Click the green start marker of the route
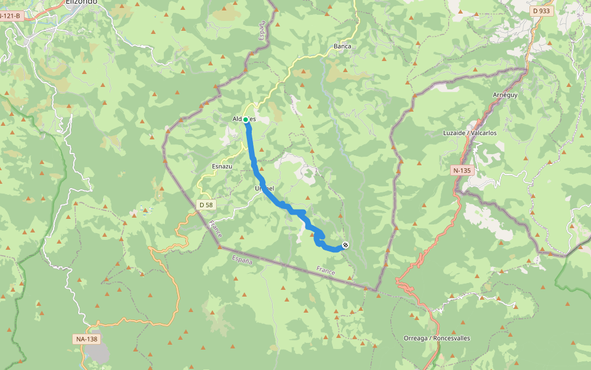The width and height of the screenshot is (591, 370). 245,119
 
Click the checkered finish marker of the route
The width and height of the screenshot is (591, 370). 345,245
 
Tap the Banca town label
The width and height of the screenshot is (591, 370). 342,46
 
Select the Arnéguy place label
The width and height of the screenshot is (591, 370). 506,95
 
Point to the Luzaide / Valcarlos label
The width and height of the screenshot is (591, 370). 470,133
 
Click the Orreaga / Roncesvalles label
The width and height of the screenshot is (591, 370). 436,338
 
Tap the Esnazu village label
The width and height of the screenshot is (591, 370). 222,166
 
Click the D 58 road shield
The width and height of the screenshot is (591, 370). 206,204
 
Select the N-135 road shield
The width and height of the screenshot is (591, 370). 462,170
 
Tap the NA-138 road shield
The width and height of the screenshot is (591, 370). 87,339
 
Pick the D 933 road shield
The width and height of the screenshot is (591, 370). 541,11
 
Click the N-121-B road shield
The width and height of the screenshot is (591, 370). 12,16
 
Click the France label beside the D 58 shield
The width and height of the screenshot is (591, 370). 215,229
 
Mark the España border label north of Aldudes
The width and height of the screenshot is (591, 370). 262,30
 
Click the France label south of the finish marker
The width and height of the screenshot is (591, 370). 326,270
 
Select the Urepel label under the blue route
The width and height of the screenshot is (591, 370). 264,188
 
